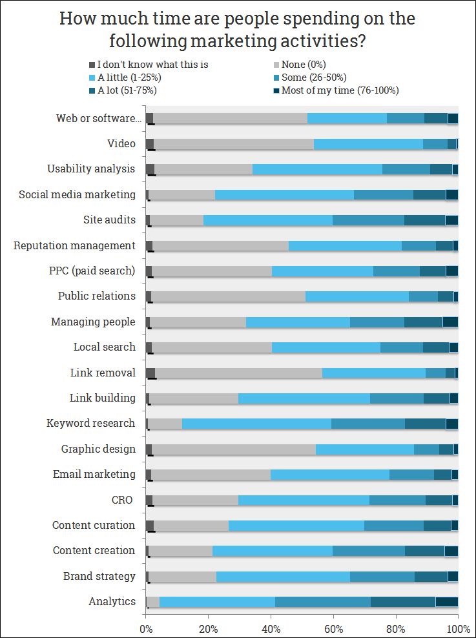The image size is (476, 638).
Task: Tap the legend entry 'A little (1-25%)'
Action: pyautogui.click(x=129, y=77)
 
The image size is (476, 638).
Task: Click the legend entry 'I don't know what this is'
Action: pyautogui.click(x=152, y=65)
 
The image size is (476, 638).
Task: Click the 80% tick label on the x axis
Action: pyautogui.click(x=395, y=627)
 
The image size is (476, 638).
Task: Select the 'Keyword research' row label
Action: pyautogui.click(x=91, y=424)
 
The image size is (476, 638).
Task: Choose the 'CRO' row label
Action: pyautogui.click(x=122, y=500)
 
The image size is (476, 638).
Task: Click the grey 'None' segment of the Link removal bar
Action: pyautogui.click(x=238, y=373)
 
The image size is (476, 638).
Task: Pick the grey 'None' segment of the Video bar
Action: pyautogui.click(x=234, y=143)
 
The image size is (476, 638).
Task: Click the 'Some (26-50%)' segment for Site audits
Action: pyautogui.click(x=368, y=220)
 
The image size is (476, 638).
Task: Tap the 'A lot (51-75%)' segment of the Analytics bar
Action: pyautogui.click(x=403, y=602)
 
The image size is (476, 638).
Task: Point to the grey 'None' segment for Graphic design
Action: pyautogui.click(x=234, y=449)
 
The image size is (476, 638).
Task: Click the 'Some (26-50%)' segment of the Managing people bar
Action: pyautogui.click(x=377, y=322)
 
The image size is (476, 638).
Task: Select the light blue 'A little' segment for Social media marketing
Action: pyautogui.click(x=284, y=194)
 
